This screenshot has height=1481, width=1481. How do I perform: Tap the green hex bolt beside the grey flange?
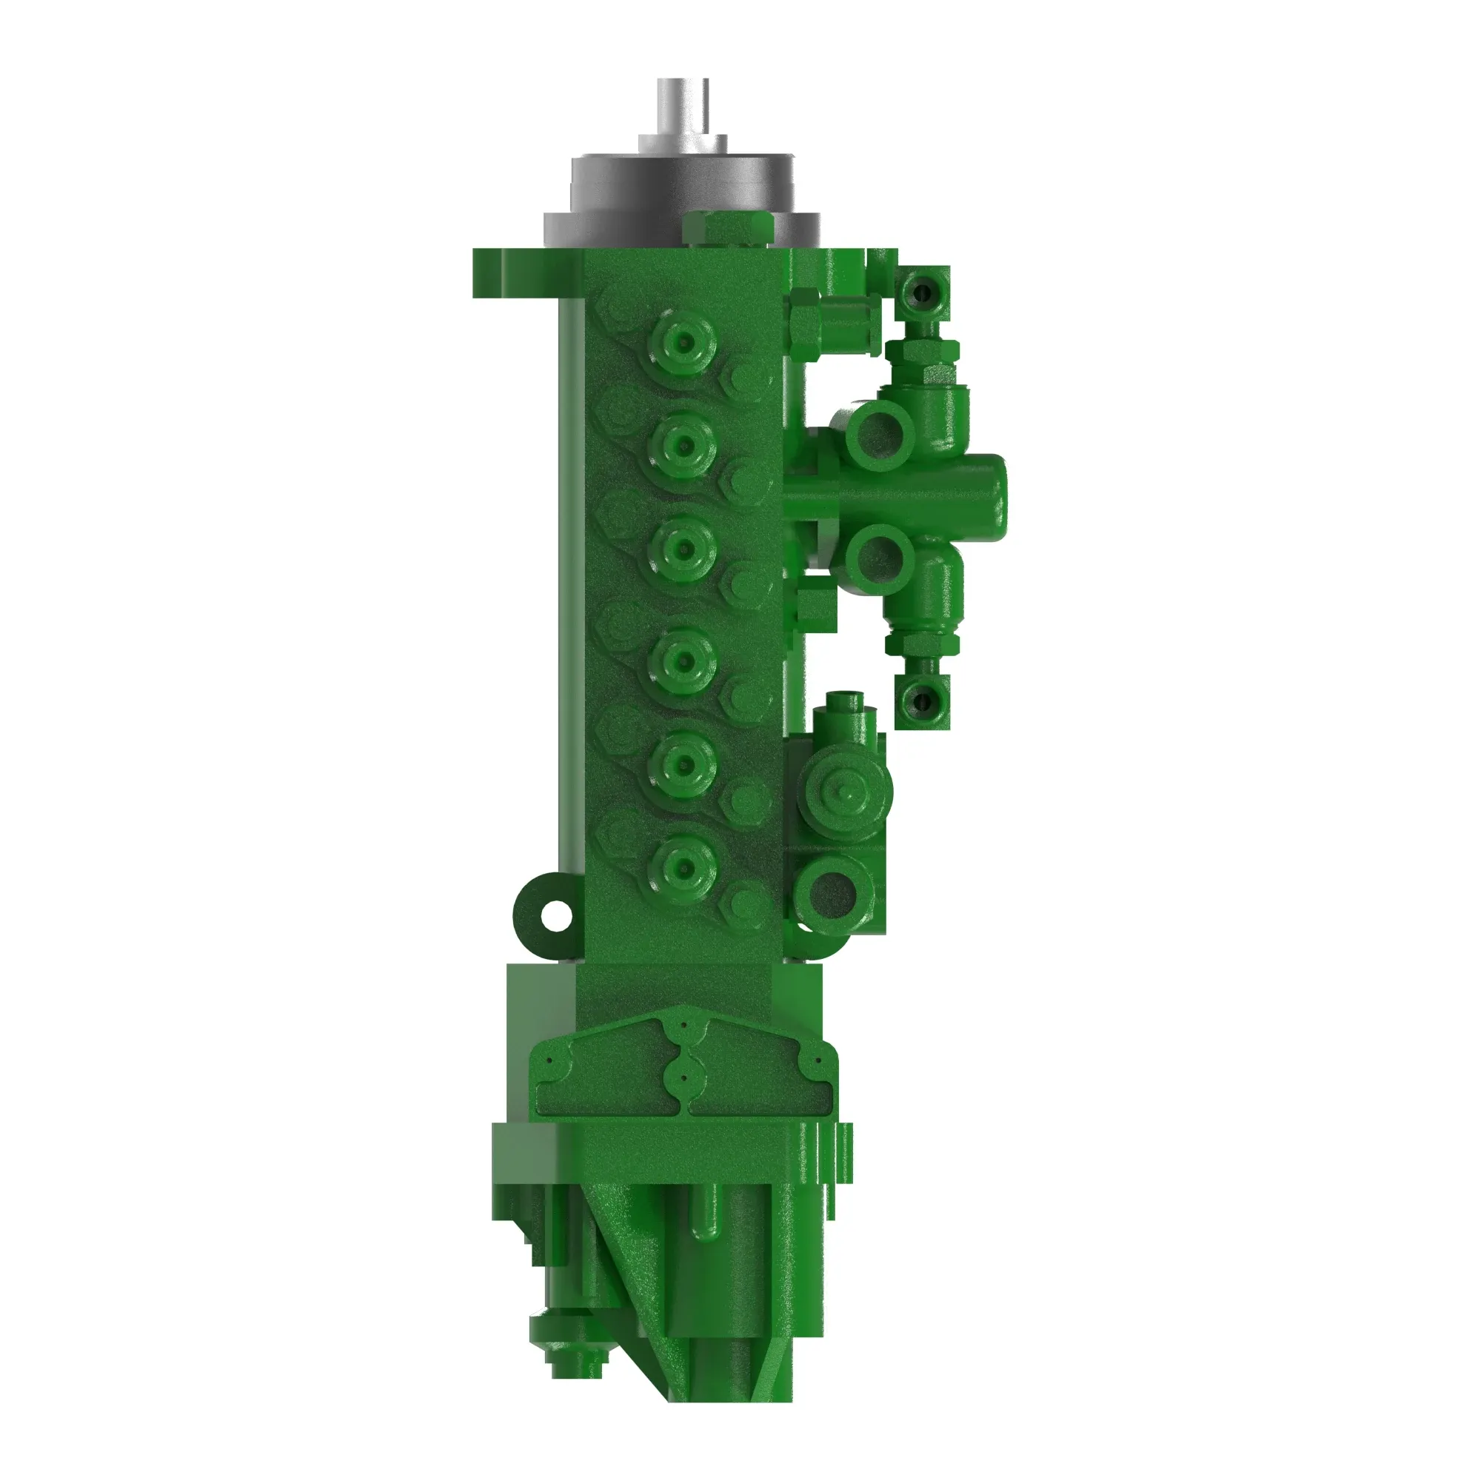[726, 227]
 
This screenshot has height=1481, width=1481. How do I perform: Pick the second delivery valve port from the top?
[683, 442]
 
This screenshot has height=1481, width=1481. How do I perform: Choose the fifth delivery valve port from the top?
[683, 763]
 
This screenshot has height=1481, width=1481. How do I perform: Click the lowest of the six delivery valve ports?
[683, 867]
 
